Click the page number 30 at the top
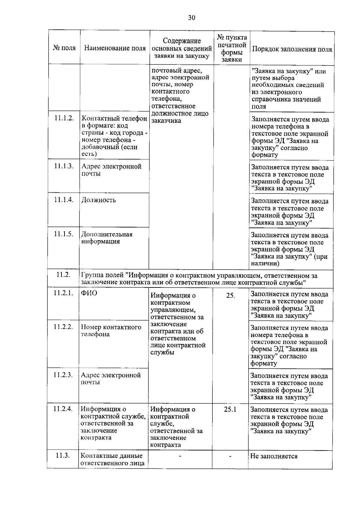click(191, 18)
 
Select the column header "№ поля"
click(64, 48)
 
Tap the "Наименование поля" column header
click(115, 48)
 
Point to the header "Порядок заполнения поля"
click(292, 49)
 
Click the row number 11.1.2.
click(64, 118)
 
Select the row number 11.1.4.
click(64, 200)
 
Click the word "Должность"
click(99, 200)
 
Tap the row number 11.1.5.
click(64, 234)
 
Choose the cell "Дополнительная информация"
click(107, 238)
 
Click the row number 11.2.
click(63, 274)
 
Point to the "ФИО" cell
click(89, 293)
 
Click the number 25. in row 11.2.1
click(230, 296)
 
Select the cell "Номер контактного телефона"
click(111, 330)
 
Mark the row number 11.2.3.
click(63, 375)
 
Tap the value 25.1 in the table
click(230, 409)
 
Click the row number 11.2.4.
click(63, 408)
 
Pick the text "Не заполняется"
click(274, 456)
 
